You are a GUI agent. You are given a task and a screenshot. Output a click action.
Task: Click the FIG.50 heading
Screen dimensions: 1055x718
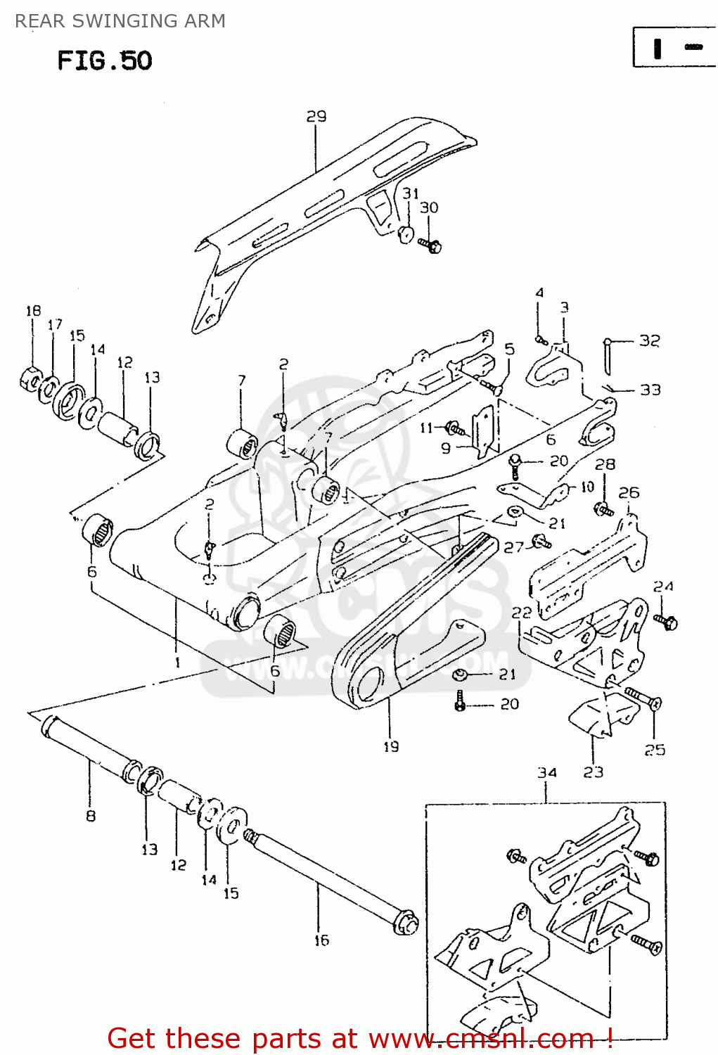coord(104,60)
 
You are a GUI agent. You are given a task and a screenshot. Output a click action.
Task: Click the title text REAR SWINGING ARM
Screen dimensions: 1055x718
coord(120,21)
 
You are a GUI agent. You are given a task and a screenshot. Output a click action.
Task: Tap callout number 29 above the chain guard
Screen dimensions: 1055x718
coord(316,116)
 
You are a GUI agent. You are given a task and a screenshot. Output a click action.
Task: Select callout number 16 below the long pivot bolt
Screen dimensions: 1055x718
coord(321,940)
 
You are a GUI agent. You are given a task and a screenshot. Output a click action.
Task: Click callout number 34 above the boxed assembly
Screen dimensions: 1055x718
coord(547,772)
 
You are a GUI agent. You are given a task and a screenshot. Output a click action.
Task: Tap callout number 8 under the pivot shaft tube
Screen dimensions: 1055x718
coord(91,816)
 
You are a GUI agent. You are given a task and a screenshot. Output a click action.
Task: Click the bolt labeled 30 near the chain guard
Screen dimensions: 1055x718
coord(430,245)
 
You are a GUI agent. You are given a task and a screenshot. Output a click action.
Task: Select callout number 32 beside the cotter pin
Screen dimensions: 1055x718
coord(650,340)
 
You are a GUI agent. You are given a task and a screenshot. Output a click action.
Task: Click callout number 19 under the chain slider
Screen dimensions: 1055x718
coord(391,746)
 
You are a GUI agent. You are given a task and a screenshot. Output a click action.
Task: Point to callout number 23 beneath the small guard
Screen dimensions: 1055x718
coord(593,772)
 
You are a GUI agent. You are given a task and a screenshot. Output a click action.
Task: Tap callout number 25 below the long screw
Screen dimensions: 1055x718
coord(655,750)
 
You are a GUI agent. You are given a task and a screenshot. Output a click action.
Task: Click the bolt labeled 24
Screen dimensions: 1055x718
coord(665,622)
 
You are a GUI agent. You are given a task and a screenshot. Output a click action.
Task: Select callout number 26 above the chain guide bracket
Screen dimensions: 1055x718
coord(629,492)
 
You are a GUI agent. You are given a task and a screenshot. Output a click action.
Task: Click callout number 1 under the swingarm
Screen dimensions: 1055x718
coord(178,662)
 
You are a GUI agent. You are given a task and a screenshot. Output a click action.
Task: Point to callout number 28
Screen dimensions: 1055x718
coord(605,464)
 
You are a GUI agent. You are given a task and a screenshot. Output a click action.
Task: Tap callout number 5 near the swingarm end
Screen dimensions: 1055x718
coord(509,349)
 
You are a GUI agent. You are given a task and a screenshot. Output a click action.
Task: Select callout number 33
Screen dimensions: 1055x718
coord(650,389)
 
